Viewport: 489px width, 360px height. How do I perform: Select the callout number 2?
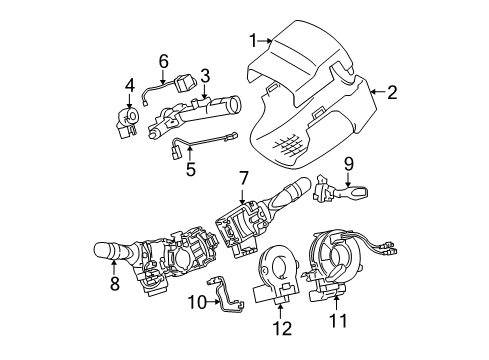point(392,93)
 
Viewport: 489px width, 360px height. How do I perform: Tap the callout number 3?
point(204,75)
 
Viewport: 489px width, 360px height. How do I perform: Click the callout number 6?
point(163,60)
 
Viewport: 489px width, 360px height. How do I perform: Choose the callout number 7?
point(243,178)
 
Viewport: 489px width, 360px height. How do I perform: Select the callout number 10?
point(197,299)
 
